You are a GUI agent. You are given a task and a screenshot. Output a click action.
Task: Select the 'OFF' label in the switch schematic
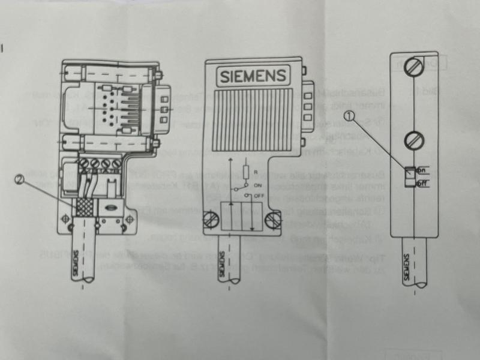point(260,196)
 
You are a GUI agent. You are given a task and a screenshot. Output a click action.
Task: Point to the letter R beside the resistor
point(256,172)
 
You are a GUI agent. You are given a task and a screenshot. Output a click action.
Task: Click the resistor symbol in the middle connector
point(245,173)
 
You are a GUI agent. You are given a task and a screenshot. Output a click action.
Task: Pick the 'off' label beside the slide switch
point(421,184)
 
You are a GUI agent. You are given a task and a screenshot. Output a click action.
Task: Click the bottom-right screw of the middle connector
point(273,221)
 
